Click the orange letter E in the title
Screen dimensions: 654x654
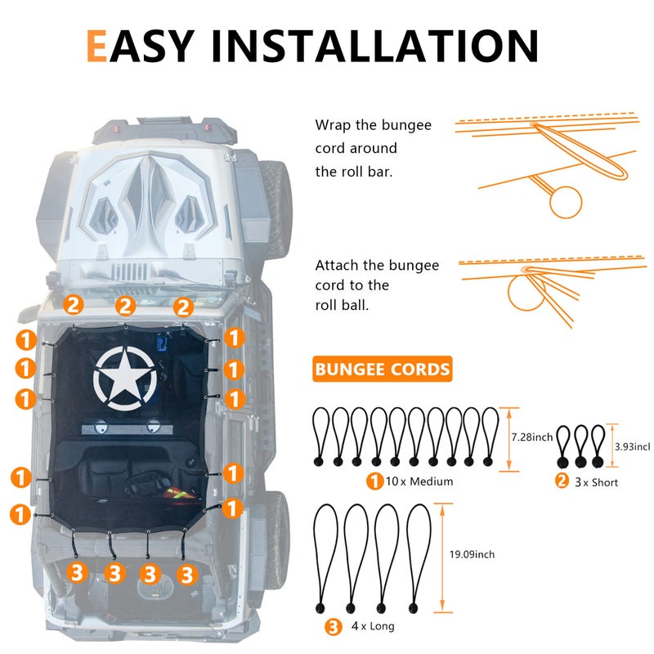point(96,46)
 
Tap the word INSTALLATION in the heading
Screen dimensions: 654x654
point(375,46)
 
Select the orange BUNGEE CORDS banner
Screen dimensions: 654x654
point(382,370)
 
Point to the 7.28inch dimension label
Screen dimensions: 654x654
point(532,437)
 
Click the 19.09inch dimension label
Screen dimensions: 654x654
point(472,554)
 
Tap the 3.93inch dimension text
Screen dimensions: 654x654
point(632,446)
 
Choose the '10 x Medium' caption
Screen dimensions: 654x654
point(419,482)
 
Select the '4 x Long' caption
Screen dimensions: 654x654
point(373,626)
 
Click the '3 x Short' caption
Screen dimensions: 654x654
point(596,482)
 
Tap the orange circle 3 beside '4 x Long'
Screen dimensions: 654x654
point(334,626)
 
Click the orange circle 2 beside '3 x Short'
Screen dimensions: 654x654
point(562,481)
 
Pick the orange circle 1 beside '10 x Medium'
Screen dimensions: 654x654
point(374,481)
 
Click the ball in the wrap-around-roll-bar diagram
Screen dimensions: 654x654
point(565,202)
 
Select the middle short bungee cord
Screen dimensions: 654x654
point(580,446)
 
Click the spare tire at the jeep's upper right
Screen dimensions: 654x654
point(276,208)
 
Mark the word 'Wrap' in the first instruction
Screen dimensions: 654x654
point(333,125)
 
